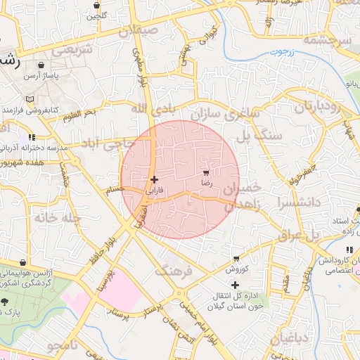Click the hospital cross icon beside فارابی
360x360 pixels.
point(155,179)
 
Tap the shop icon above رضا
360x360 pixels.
point(206,172)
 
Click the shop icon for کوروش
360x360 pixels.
point(236,259)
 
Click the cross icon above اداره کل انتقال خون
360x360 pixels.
point(235,284)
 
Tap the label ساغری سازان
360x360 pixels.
point(233,113)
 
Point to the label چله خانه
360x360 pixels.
point(52,218)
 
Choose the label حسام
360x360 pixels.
point(113,188)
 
